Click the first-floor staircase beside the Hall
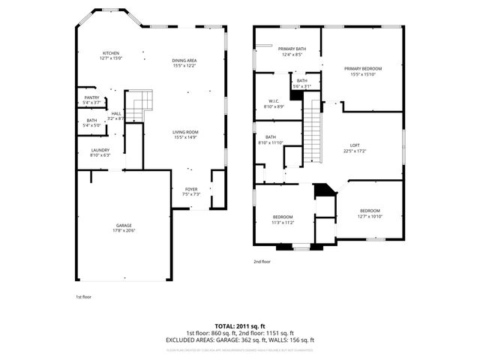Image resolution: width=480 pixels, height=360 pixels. (139, 106)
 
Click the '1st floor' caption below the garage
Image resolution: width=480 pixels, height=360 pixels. (82, 296)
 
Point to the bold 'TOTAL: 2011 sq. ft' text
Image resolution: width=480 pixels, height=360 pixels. (240, 326)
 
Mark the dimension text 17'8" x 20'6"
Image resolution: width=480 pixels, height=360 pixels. (124, 230)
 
